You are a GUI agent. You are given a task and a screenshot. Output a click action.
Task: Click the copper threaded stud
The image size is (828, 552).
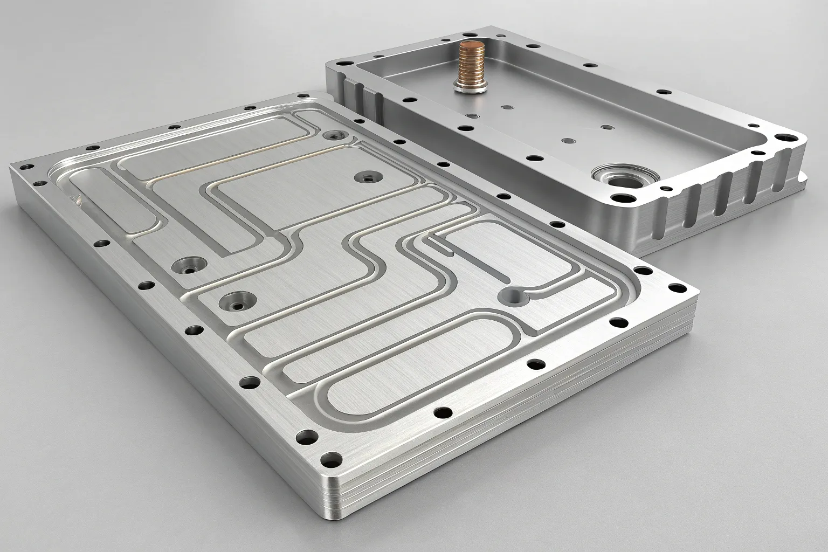[x=465, y=64]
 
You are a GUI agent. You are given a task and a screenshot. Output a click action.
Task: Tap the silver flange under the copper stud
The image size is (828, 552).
[x=465, y=86]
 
